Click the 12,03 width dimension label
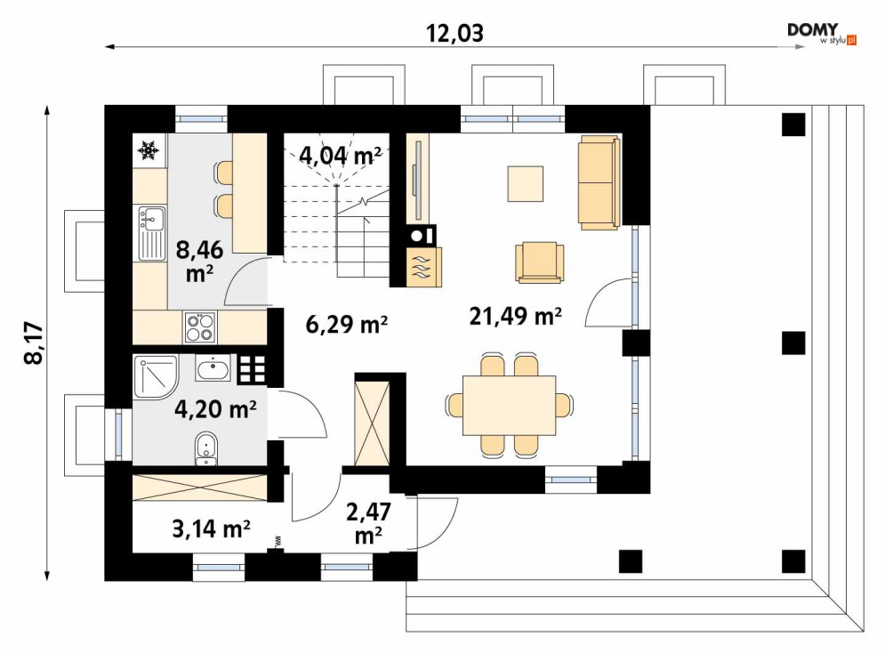(x=455, y=33)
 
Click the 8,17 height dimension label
(x=34, y=343)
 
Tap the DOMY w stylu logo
(x=822, y=34)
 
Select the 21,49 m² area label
(x=515, y=316)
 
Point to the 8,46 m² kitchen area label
(x=199, y=261)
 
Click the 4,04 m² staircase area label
(x=341, y=154)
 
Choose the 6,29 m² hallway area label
(x=347, y=324)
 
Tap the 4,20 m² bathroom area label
(x=215, y=408)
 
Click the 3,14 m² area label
(x=211, y=528)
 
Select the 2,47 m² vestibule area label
(x=368, y=522)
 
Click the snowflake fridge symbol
(x=149, y=150)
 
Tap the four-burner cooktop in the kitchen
(x=200, y=327)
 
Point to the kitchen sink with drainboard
(x=151, y=232)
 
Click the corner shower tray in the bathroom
(x=156, y=377)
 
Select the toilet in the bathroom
(x=206, y=449)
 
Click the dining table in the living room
(x=509, y=405)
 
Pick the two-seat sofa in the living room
(x=599, y=181)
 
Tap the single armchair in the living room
(x=540, y=262)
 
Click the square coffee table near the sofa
(x=525, y=183)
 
